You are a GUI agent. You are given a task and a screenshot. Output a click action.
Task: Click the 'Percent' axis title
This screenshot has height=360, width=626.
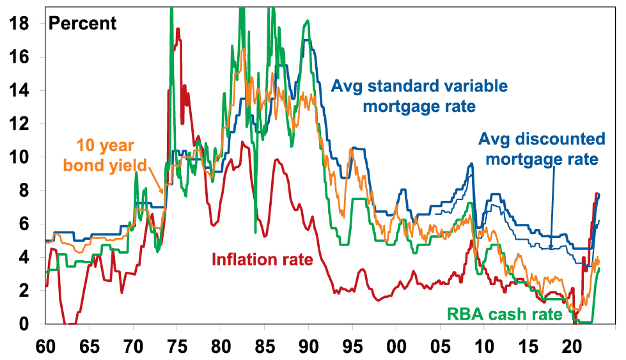(x=83, y=24)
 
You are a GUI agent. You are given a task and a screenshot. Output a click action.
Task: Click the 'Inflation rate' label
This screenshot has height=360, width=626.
(x=262, y=260)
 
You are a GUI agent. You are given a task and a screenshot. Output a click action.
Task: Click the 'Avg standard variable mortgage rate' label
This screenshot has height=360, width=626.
(x=419, y=96)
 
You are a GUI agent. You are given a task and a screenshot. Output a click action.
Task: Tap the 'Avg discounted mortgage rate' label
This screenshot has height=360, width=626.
(x=540, y=149)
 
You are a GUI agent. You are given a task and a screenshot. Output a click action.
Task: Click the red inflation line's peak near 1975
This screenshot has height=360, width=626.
(x=178, y=29)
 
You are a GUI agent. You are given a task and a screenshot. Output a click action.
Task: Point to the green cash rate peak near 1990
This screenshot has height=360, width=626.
(x=308, y=21)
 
